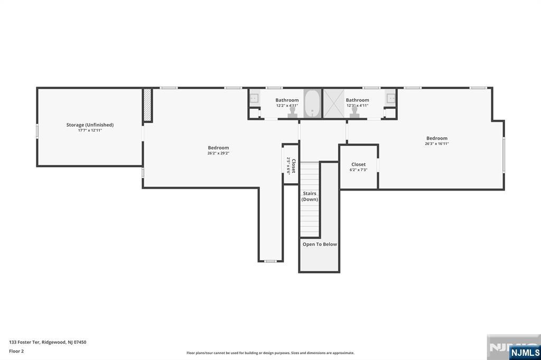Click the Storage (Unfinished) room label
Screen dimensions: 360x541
coord(90,125)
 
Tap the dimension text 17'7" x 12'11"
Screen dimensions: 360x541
coord(90,130)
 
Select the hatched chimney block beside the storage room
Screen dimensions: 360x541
coord(147,105)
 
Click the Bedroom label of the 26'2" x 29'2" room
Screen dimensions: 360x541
coord(218,148)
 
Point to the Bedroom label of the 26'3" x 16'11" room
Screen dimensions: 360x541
coord(437,138)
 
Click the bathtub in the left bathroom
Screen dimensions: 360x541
coord(312,103)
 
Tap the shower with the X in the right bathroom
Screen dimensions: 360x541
coord(333,103)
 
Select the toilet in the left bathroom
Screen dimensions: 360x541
coord(292,112)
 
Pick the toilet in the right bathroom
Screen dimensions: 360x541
coord(354,112)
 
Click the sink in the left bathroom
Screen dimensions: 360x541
coord(254,98)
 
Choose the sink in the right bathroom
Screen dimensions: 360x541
coord(391,98)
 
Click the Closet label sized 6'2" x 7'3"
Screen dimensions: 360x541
coord(358,165)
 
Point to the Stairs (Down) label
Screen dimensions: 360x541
coord(310,196)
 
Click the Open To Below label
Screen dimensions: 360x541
coord(320,244)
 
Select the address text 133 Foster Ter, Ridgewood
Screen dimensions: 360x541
coord(48,342)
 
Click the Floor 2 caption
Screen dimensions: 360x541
coord(16,351)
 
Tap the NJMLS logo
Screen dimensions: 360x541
coord(525,352)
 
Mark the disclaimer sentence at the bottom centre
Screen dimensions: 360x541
coord(270,353)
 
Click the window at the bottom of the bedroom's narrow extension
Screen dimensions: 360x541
coord(270,261)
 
